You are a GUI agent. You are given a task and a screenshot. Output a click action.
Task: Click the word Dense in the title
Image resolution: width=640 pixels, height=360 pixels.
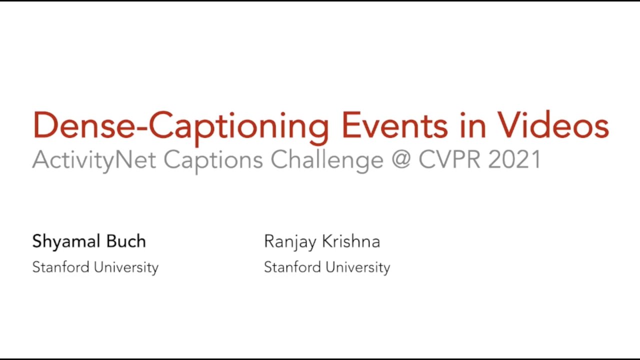(x=83, y=125)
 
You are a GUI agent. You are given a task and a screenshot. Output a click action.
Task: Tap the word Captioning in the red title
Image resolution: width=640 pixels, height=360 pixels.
(x=239, y=126)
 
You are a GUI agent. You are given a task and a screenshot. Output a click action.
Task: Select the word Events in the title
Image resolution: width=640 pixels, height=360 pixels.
(x=394, y=125)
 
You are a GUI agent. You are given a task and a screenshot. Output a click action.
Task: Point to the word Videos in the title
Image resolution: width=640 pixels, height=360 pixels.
(x=552, y=125)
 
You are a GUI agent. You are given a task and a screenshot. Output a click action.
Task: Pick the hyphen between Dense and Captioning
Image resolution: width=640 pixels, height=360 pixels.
(x=141, y=128)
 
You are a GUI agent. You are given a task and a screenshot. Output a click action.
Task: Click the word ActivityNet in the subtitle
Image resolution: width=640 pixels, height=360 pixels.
(x=94, y=160)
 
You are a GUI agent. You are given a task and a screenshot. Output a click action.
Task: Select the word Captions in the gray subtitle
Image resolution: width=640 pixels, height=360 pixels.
(x=213, y=160)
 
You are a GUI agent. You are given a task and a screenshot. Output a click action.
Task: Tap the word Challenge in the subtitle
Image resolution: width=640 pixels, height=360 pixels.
(x=327, y=160)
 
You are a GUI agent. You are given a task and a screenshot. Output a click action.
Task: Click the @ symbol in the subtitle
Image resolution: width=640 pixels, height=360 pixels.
(x=401, y=160)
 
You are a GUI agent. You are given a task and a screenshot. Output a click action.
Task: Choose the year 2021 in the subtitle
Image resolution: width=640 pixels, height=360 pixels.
(x=514, y=160)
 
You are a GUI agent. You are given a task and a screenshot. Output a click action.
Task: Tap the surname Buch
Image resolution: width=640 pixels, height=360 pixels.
(x=127, y=241)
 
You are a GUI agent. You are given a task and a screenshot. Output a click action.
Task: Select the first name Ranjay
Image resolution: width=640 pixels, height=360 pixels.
(x=290, y=242)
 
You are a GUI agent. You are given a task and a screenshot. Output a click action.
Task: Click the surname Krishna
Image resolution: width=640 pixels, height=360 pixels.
(x=351, y=241)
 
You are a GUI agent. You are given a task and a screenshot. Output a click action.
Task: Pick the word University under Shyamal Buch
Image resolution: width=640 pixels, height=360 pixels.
(x=126, y=267)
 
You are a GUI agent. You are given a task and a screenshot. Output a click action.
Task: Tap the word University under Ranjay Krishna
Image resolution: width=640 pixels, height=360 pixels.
(x=358, y=267)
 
